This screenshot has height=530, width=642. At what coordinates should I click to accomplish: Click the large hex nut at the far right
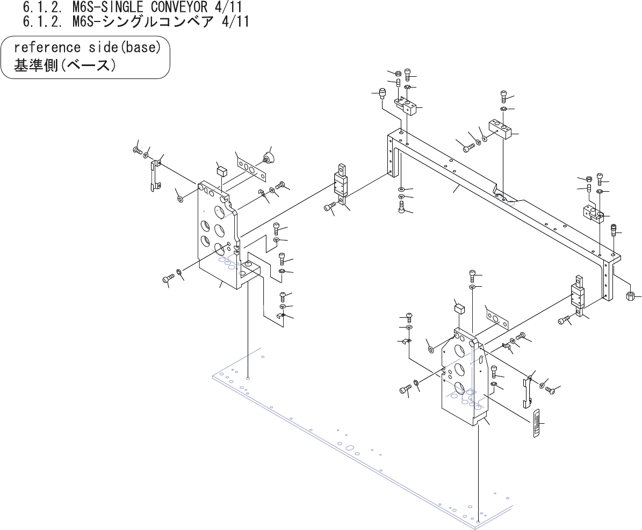click(632, 295)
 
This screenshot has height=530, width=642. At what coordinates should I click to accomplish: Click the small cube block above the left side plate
click(222, 171)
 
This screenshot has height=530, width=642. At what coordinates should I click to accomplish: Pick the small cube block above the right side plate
click(459, 308)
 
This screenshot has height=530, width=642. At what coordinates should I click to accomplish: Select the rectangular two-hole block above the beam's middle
click(500, 129)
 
